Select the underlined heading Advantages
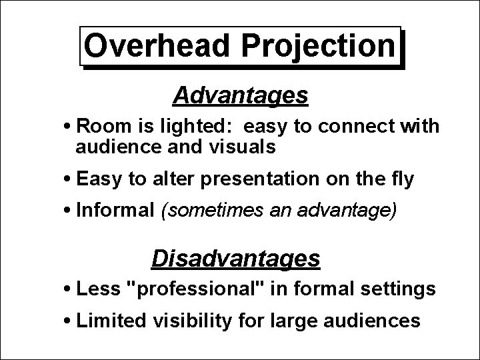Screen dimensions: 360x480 tap(240, 96)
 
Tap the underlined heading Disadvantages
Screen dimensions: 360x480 tap(236, 258)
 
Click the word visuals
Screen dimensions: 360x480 tap(241, 147)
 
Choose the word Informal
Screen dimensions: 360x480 tap(115, 211)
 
